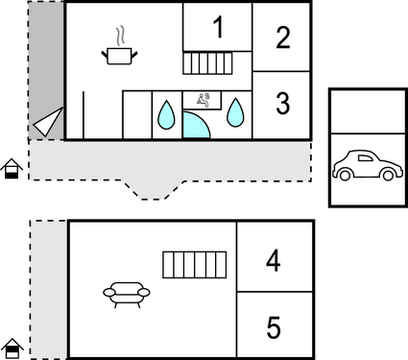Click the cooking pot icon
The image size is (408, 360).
(x=118, y=56)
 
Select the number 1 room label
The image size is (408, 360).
(x=219, y=28)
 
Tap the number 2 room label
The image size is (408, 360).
(x=282, y=37)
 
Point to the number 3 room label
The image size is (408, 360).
(x=282, y=104)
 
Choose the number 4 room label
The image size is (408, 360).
(x=274, y=260)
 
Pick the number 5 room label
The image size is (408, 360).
(x=274, y=328)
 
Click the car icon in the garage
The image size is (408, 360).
(x=365, y=166)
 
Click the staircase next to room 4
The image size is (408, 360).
(x=193, y=265)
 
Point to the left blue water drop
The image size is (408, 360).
(x=166, y=115)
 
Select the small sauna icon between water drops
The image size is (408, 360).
(x=204, y=97)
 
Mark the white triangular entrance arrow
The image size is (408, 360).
(x=47, y=122)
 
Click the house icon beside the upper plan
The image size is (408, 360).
(x=11, y=169)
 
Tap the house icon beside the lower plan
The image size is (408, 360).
(x=11, y=348)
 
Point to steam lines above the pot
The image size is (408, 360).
(x=118, y=36)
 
